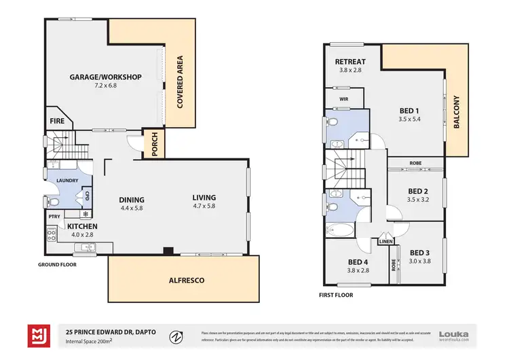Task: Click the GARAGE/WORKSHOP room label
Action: tap(105, 77)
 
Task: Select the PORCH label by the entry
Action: tap(154, 144)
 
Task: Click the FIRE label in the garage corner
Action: tap(58, 122)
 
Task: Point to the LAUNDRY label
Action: tap(68, 181)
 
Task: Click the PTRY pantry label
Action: tap(54, 216)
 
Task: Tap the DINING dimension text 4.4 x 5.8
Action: tap(132, 208)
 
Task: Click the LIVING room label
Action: tap(204, 197)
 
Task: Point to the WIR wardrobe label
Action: tap(344, 98)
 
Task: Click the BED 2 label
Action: tap(417, 191)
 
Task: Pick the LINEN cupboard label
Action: tap(386, 240)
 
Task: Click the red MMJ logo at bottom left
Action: tap(37, 335)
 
